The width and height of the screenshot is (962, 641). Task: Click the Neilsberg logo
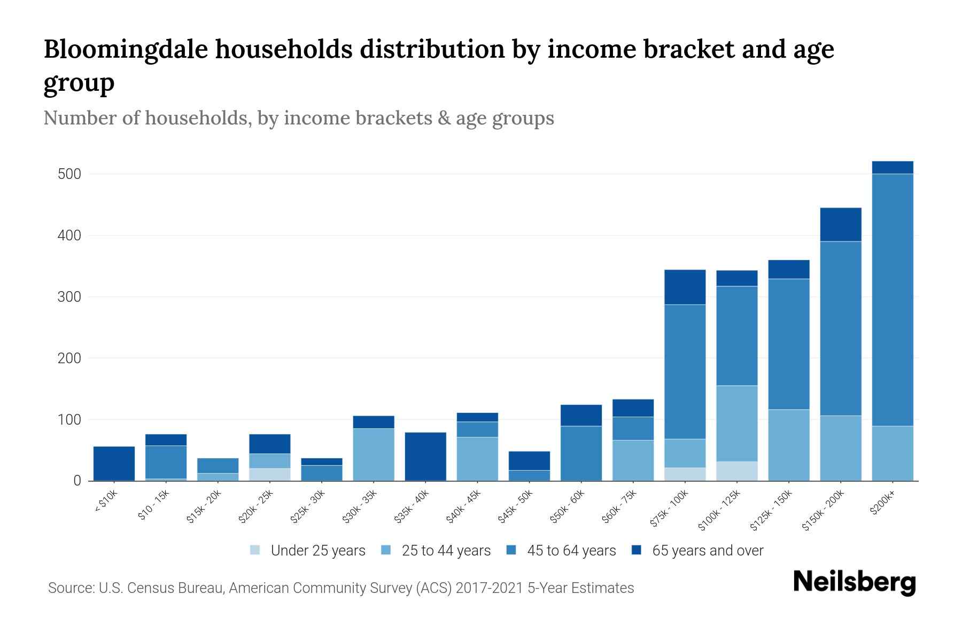click(x=854, y=582)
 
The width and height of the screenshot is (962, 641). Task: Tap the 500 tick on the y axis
click(x=69, y=174)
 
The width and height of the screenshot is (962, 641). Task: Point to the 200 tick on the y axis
click(x=69, y=358)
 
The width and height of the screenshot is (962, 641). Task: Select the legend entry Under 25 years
click(x=317, y=551)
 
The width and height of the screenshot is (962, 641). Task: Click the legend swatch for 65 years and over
click(x=637, y=550)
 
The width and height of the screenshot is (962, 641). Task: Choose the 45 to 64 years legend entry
click(x=571, y=551)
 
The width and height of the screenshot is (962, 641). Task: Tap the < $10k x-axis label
click(x=106, y=503)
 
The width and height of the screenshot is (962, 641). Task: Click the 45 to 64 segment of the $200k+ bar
click(x=892, y=299)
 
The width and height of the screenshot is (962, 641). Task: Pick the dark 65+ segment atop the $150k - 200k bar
click(x=840, y=224)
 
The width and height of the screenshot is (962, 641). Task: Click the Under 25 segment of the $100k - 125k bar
click(x=736, y=471)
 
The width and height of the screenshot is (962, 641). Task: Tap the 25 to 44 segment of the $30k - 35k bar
click(x=373, y=454)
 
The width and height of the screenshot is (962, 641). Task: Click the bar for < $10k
click(x=114, y=464)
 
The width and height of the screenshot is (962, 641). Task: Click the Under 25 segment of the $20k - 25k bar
click(x=270, y=474)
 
